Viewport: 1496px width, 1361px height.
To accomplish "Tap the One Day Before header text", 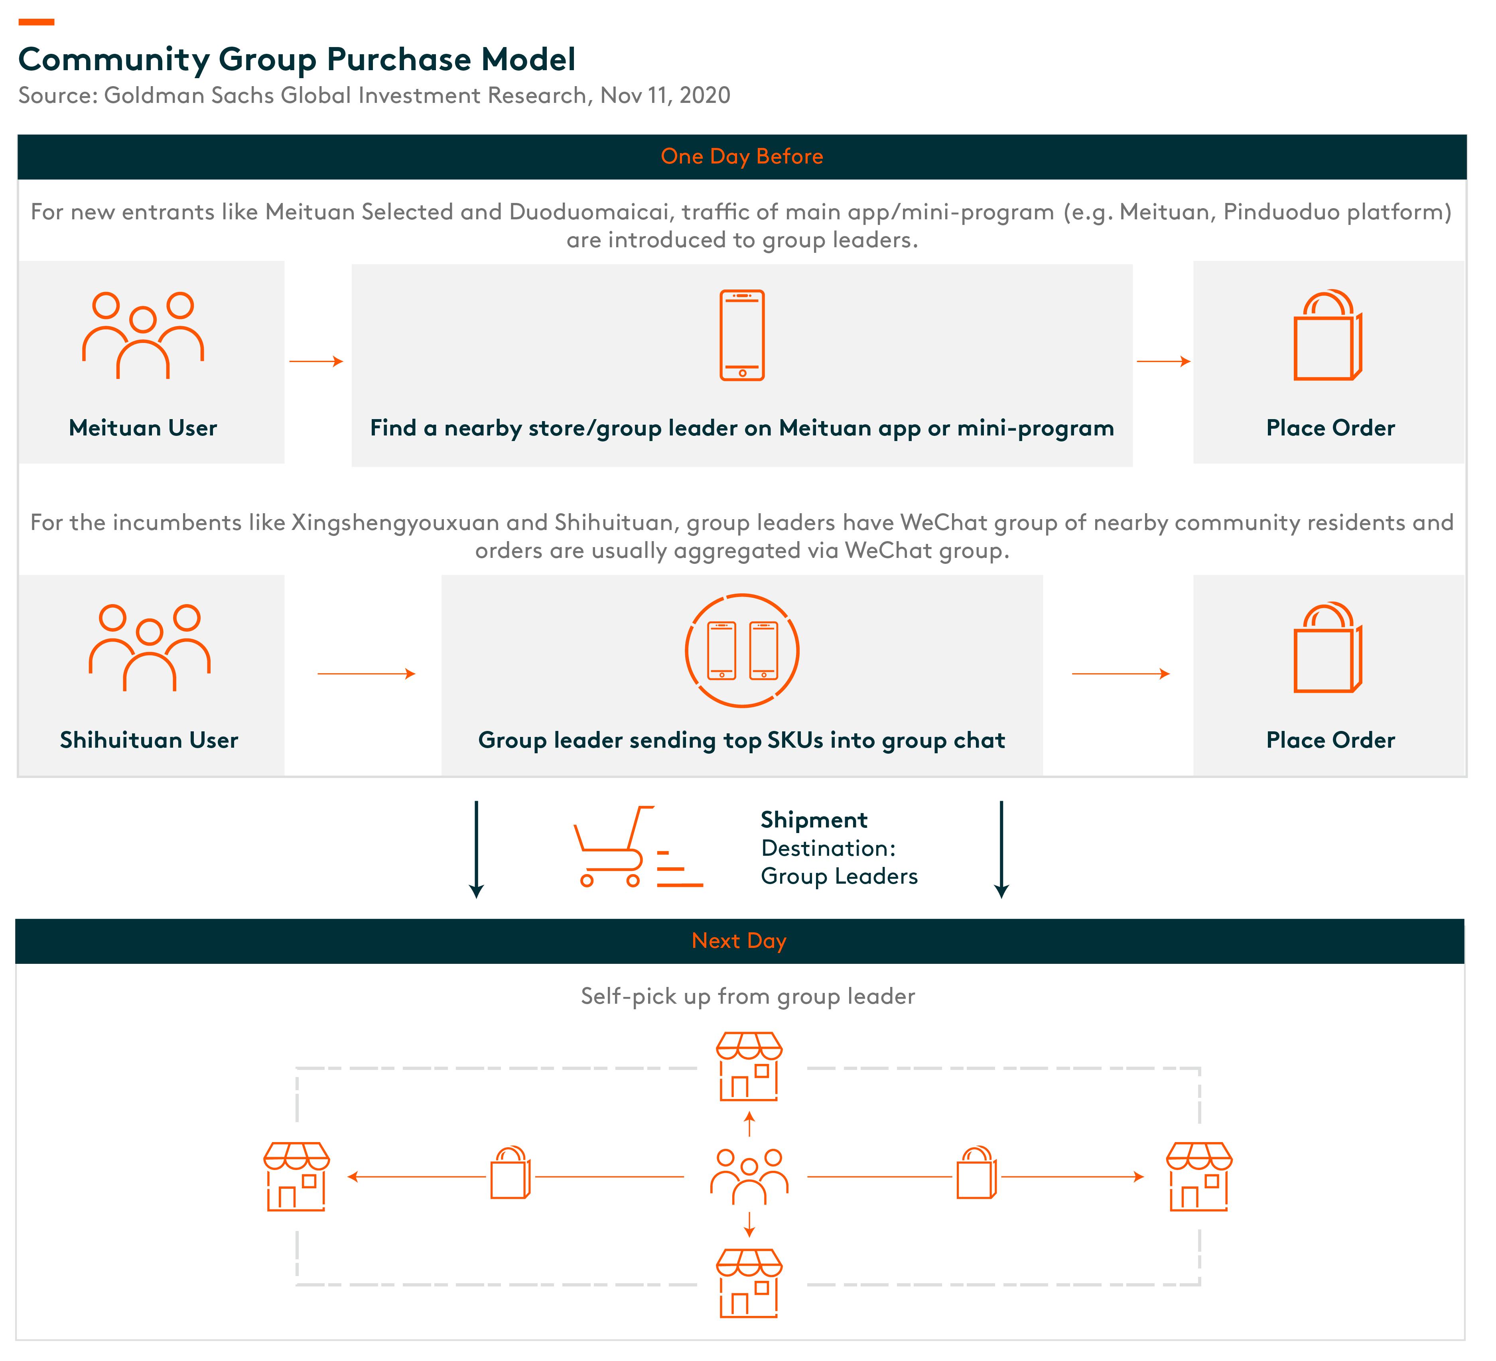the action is coord(742,157).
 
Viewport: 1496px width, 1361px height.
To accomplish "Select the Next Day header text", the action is coord(739,941).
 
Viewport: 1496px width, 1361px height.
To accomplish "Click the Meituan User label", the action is coord(143,428).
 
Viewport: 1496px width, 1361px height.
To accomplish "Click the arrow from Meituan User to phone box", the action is coord(316,361).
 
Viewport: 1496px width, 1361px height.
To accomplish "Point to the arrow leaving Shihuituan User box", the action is coord(367,674).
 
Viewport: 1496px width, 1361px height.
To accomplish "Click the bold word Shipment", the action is coord(814,820).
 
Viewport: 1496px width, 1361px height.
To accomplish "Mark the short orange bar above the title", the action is coord(36,22).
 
